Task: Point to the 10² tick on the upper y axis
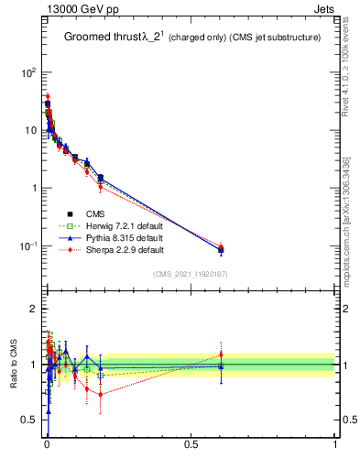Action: point(27,71)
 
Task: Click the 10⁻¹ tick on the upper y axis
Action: point(27,246)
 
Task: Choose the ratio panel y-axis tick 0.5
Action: point(29,420)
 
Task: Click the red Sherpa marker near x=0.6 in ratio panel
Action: point(221,354)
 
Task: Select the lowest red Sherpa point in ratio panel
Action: point(101,395)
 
